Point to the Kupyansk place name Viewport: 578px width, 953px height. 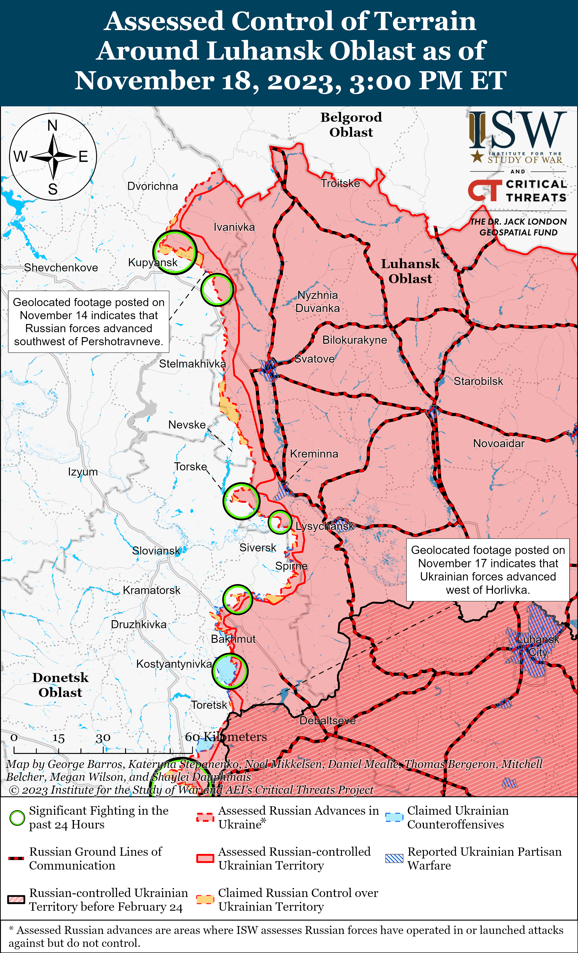pos(153,262)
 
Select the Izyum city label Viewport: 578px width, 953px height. pos(83,472)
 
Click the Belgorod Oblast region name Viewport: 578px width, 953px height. pos(351,124)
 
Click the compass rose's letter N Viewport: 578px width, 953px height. pos(53,126)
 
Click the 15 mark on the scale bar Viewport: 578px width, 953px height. pos(58,738)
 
